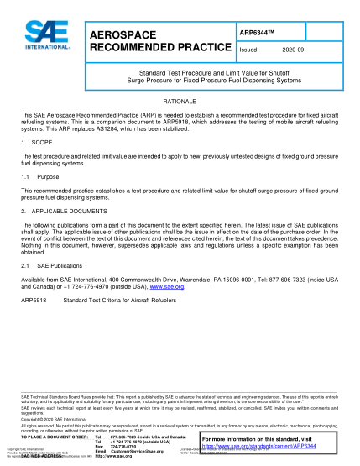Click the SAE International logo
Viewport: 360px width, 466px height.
pos(39,38)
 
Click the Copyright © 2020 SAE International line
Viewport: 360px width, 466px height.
pos(50,422)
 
